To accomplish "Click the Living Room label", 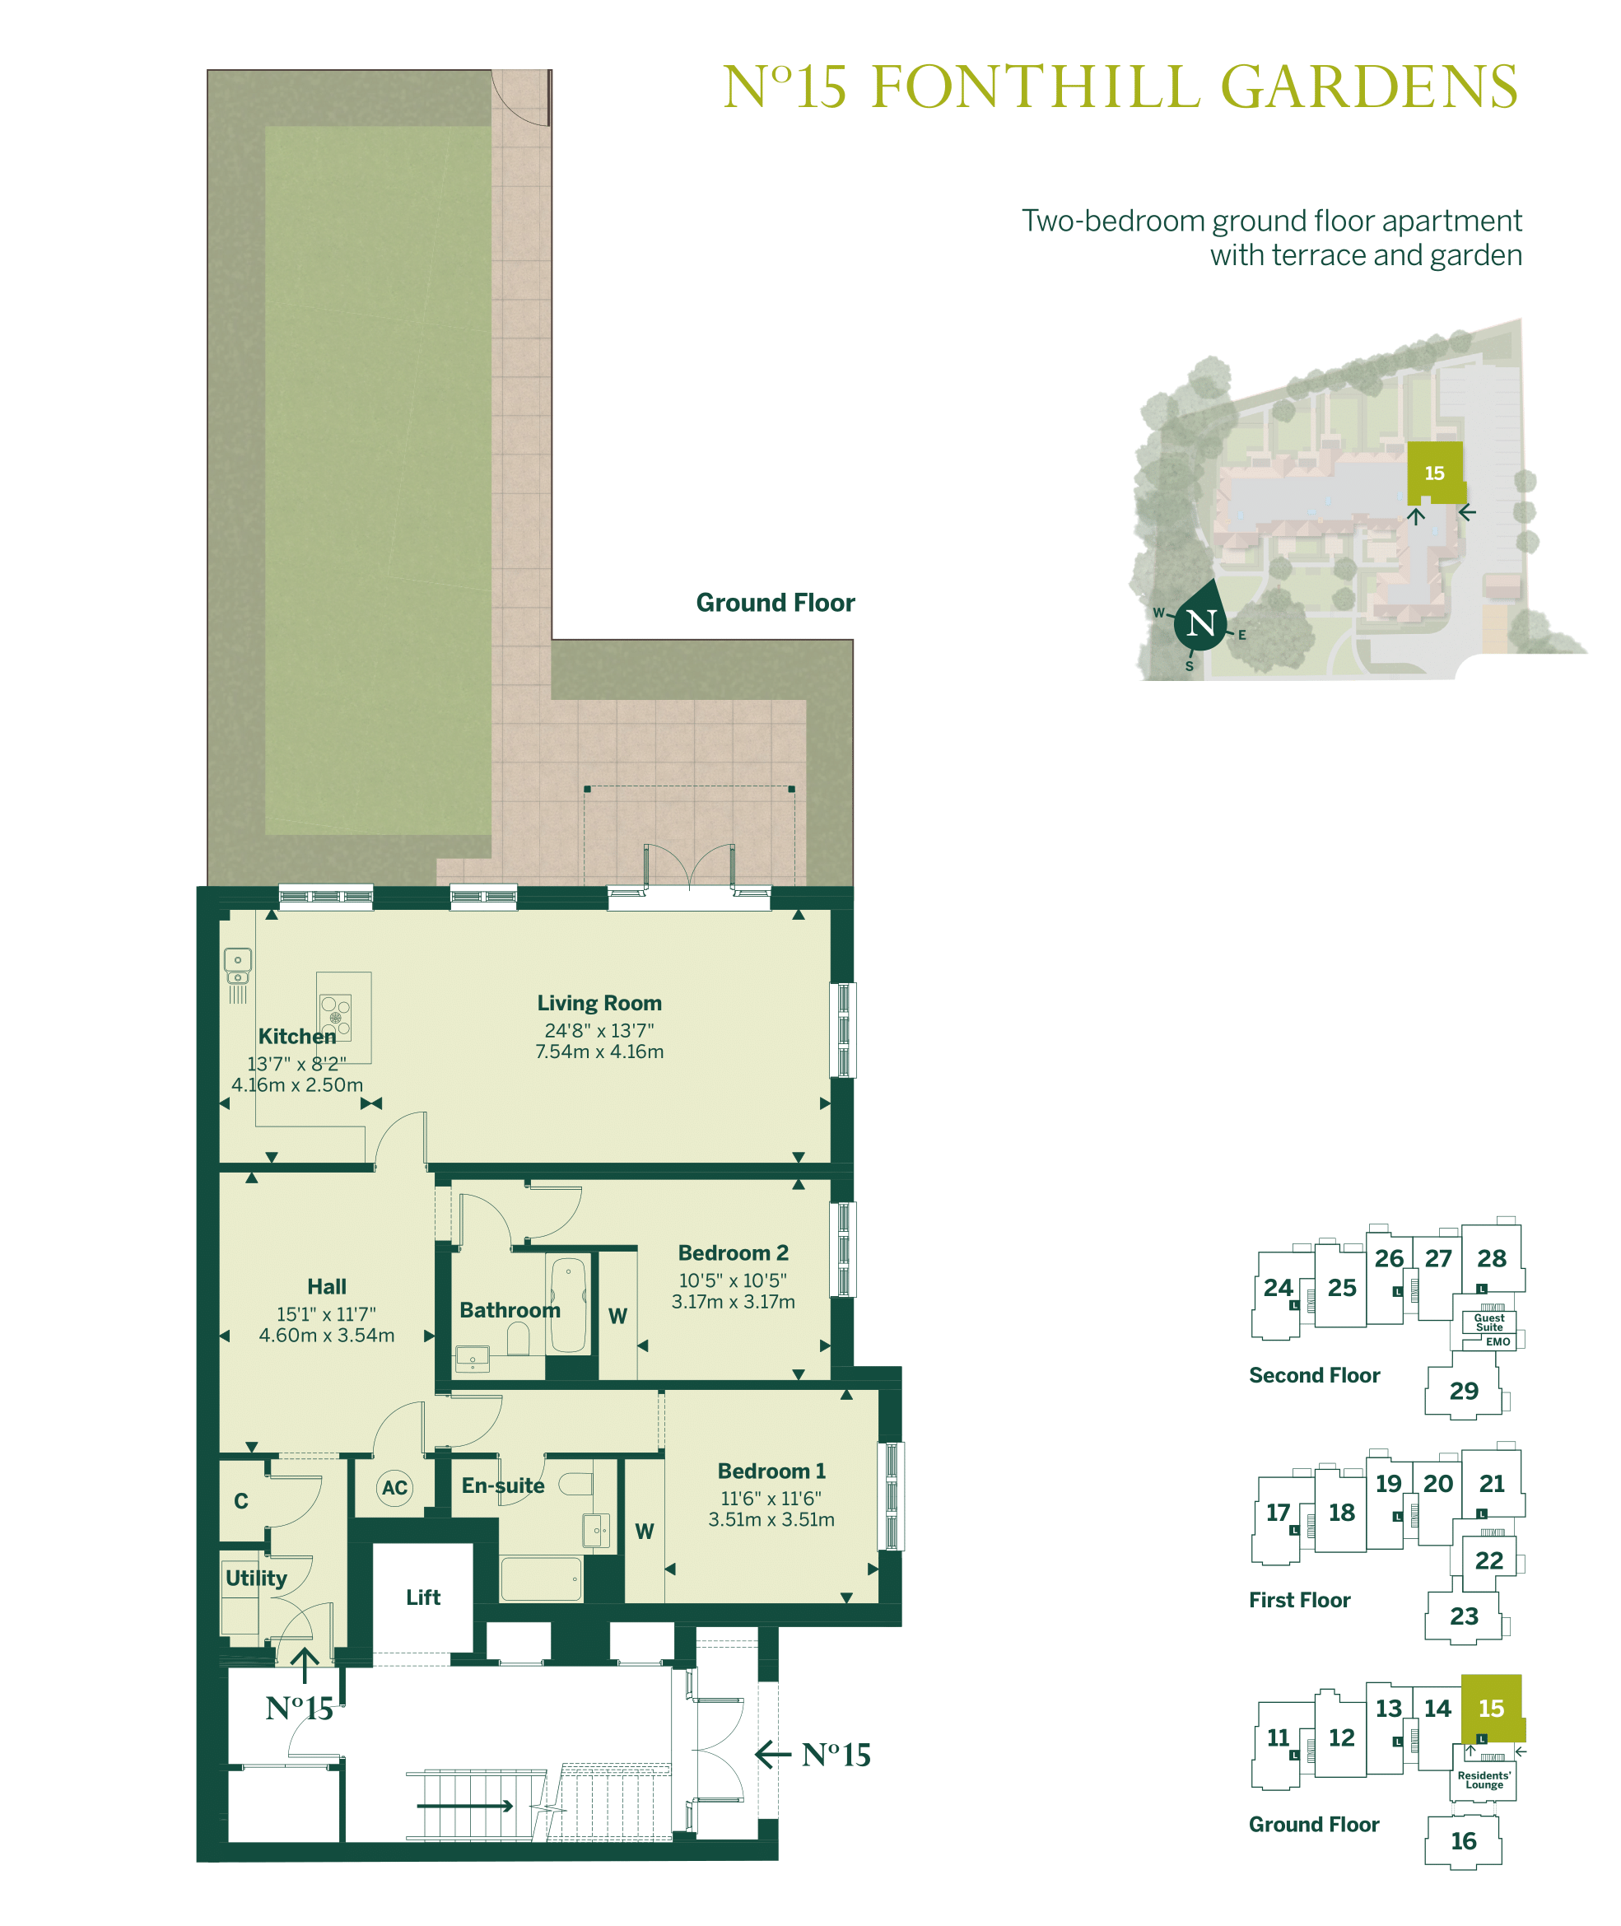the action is (x=599, y=1002).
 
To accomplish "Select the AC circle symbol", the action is (x=395, y=1488).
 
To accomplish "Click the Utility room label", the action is (x=256, y=1578).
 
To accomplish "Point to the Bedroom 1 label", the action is (x=771, y=1471).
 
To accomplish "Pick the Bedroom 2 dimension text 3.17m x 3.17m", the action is (x=734, y=1301).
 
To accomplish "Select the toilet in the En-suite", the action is (x=576, y=1484).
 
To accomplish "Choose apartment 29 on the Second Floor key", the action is (x=1464, y=1390).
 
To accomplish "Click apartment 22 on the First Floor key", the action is (x=1488, y=1560).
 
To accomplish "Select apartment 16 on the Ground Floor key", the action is (x=1464, y=1840).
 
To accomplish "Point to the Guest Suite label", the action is (x=1489, y=1322).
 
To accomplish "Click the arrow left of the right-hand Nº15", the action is (x=773, y=1754).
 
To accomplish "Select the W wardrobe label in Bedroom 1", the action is (x=644, y=1531).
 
